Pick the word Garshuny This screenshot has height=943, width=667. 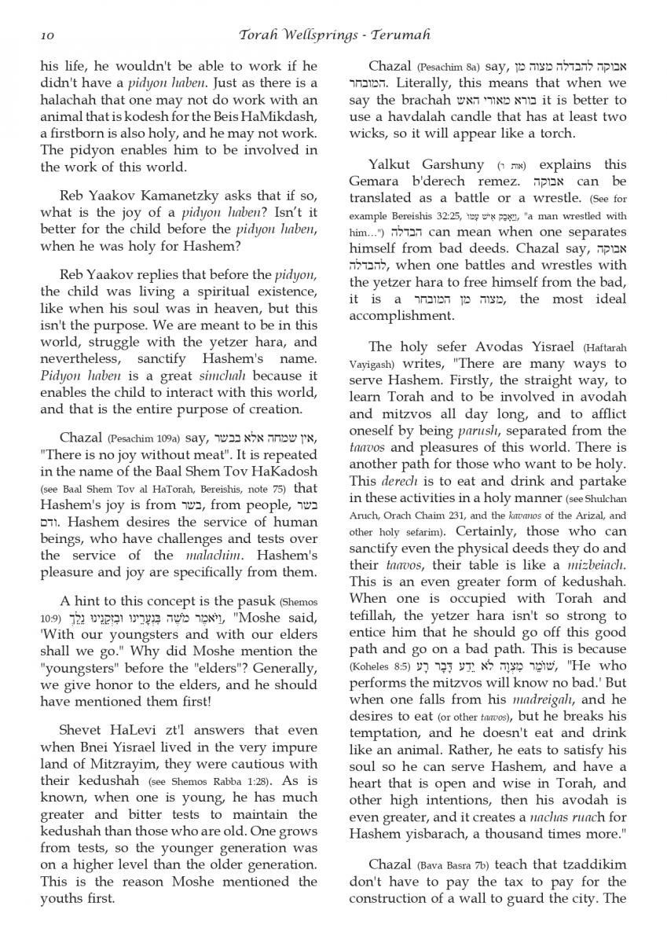click(x=445, y=164)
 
